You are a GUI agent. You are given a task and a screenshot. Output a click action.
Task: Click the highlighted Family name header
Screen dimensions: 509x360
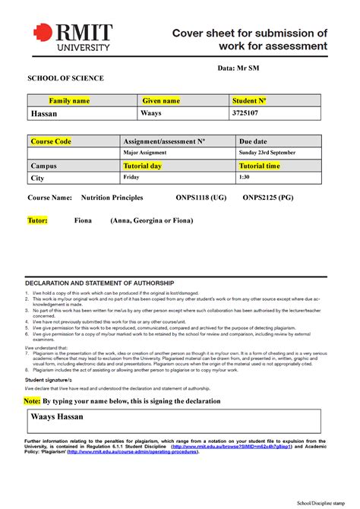coord(69,100)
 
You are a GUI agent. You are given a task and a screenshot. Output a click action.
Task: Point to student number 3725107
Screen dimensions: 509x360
coord(245,113)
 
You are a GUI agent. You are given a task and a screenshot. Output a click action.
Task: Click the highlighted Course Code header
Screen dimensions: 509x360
coord(51,141)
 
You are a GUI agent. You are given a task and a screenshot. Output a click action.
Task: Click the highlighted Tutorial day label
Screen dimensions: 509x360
coord(143,165)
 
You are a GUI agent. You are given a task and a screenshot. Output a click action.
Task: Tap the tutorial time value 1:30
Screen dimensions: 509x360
coord(244,177)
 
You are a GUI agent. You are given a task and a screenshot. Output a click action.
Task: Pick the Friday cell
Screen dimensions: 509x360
coord(131,177)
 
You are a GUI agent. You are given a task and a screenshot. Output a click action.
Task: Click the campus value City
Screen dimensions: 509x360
coord(37,178)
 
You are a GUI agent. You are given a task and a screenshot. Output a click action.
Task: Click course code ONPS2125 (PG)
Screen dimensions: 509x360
coord(268,198)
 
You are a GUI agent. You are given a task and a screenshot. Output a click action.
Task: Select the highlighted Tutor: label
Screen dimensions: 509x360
coord(37,220)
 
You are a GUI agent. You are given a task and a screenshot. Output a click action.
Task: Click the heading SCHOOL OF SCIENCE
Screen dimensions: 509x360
coord(65,78)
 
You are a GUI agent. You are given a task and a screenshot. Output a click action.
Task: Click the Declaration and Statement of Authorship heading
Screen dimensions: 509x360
coord(99,283)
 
